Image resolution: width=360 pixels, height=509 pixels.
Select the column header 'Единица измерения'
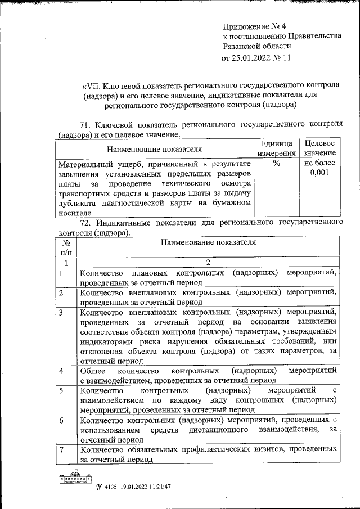pos(276,148)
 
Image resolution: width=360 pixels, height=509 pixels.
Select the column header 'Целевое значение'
pos(319,148)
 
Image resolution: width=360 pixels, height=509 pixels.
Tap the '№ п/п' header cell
pos(66,247)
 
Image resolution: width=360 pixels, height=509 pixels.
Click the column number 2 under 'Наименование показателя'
pos(208,263)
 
